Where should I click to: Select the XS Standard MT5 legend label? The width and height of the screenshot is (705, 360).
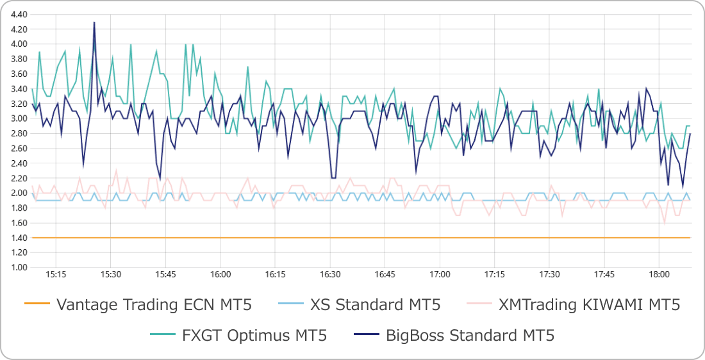375,304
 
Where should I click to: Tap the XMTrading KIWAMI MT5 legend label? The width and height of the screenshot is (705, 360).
589,304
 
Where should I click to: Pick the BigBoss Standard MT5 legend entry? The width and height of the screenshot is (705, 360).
470,335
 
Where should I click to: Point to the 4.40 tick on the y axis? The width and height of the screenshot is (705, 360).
19,14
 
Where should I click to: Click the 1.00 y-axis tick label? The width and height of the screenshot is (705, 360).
19,267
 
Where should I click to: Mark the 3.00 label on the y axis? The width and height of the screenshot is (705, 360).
19,119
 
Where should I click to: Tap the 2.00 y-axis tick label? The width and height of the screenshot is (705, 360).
19,193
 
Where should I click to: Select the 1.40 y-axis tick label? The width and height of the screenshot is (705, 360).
19,238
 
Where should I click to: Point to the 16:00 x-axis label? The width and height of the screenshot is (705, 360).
220,274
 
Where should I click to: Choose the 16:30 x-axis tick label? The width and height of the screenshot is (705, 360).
330,274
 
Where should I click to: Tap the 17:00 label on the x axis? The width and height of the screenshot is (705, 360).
440,274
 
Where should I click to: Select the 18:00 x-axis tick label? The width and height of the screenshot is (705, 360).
659,274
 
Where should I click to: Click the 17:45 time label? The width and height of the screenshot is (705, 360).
604,274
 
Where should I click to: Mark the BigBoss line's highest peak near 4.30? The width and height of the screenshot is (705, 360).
94,22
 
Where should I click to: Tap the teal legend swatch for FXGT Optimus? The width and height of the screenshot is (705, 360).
163,335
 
